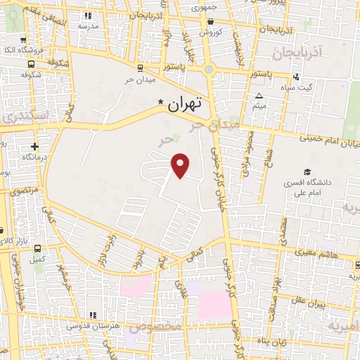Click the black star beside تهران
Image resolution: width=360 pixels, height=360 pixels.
161,103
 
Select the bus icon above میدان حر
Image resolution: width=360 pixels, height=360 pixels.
139,67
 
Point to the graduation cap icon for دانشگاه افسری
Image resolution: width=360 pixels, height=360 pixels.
307,172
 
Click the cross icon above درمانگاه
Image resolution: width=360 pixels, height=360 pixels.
34,147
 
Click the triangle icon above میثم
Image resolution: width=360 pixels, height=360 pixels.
259,96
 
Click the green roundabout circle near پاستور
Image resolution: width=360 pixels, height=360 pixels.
209,70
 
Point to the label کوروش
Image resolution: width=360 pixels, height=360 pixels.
210,32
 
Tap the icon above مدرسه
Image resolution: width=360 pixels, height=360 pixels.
87,15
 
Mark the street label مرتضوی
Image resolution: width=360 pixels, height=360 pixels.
21,191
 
